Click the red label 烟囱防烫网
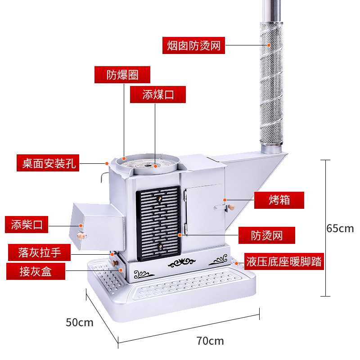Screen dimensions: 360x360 (x=193, y=45)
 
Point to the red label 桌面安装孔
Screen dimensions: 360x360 (x=47, y=163)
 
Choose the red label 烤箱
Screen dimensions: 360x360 (x=279, y=200)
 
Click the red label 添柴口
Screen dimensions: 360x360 (x=27, y=225)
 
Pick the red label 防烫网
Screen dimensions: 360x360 (x=267, y=235)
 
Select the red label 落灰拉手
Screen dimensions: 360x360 (x=40, y=252)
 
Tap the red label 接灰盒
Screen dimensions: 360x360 (x=36, y=271)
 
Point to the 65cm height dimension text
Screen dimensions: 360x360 (x=341, y=228)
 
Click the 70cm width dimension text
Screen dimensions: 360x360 (x=210, y=341)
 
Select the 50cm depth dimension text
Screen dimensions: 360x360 (x=80, y=322)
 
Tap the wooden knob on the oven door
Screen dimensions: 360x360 (x=232, y=207)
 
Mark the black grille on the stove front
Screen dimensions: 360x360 (x=158, y=224)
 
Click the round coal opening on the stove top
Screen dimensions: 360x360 (x=148, y=164)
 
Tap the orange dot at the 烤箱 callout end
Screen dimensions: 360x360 (x=225, y=199)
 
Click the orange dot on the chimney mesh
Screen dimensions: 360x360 (x=269, y=45)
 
